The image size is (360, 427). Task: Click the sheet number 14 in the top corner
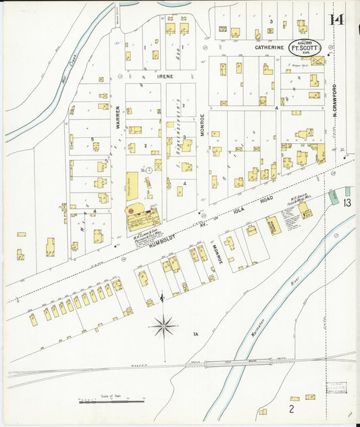coord(336,19)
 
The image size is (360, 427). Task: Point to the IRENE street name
coord(165,76)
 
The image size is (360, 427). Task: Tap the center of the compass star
coord(163,327)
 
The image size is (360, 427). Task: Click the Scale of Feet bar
coord(111,402)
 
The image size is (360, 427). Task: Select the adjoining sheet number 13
coord(346,202)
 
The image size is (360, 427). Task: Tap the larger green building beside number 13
coord(333,197)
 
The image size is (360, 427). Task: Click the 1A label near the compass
coord(196,334)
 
